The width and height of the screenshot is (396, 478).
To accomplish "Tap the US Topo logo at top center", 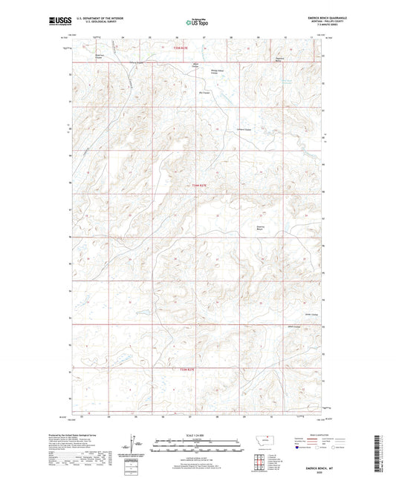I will tap(195, 23).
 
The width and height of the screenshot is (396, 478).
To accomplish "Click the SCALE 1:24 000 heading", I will tap(198, 436).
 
